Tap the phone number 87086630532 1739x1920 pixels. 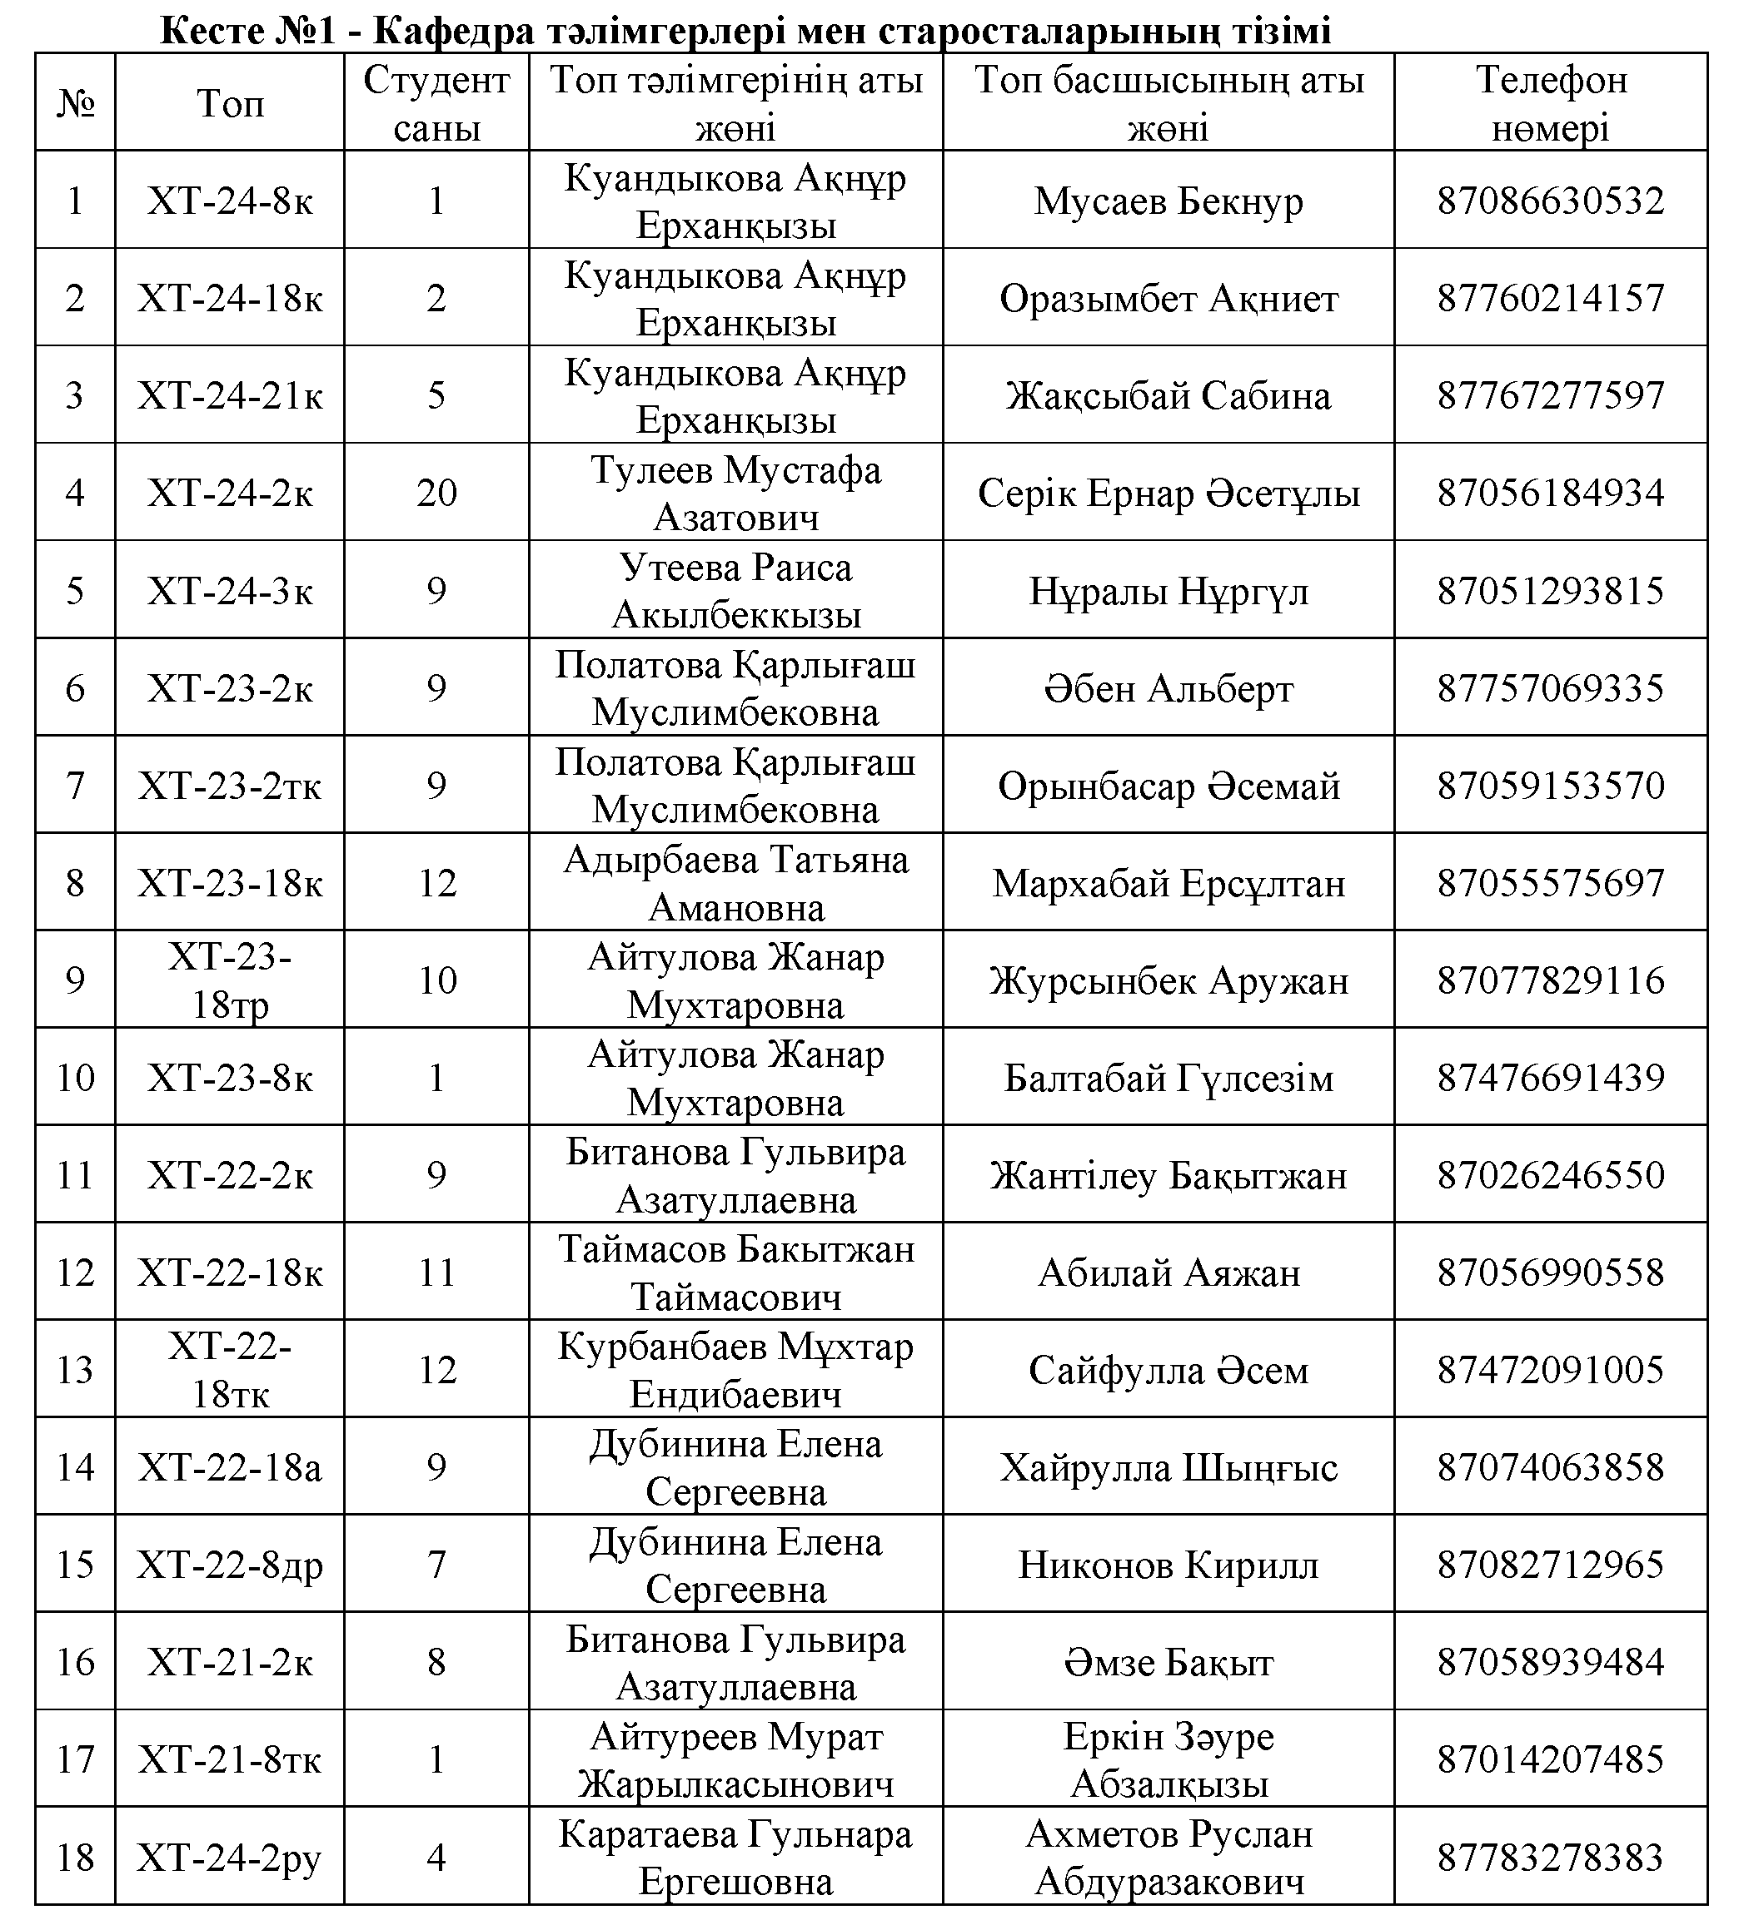[1550, 201]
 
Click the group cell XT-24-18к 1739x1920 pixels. [230, 299]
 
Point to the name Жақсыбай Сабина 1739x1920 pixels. [1168, 396]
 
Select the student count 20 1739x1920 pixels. [436, 494]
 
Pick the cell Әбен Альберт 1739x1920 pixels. [1168, 688]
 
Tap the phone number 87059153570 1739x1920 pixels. [1550, 786]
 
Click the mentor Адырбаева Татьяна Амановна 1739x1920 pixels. [735, 883]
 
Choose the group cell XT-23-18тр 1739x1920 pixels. [230, 981]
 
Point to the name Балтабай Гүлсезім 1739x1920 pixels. [1168, 1078]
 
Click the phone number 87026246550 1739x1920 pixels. [1550, 1175]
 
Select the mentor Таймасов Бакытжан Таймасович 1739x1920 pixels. [735, 1273]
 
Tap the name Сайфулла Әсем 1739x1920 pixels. [1168, 1371]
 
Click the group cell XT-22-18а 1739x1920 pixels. [230, 1467]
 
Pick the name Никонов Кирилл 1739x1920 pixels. [1168, 1565]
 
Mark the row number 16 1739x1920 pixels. [75, 1662]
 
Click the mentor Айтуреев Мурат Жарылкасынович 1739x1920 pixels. [735, 1760]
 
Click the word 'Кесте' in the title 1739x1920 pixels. [212, 31]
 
